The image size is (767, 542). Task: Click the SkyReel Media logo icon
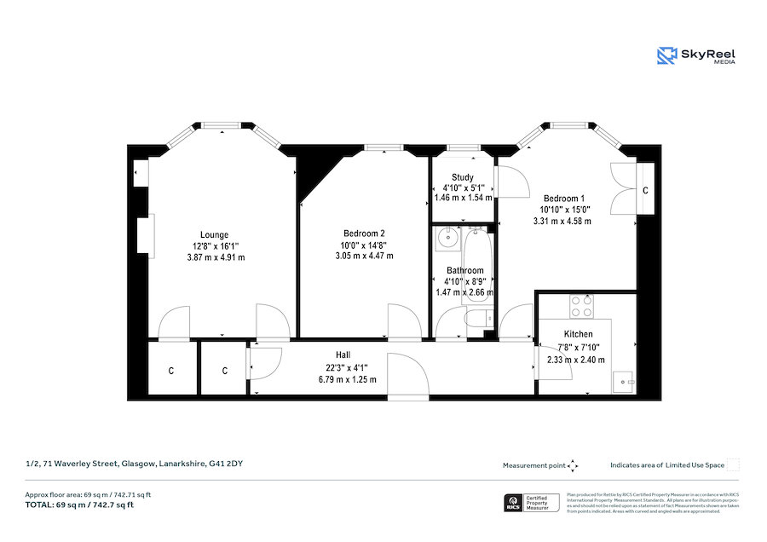[666, 56]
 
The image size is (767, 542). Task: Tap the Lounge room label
[214, 234]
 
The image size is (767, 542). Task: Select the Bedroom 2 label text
[364, 234]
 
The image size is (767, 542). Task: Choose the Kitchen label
[578, 334]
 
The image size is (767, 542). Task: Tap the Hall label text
[343, 355]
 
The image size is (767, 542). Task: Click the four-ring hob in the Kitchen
[581, 303]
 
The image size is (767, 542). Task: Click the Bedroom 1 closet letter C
[645, 189]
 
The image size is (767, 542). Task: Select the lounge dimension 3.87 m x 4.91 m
[214, 257]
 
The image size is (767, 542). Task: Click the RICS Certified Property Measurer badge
[533, 504]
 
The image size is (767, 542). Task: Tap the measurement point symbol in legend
[573, 465]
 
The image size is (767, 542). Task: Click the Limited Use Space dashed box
[732, 464]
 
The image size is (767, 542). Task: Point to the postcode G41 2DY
[236, 464]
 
